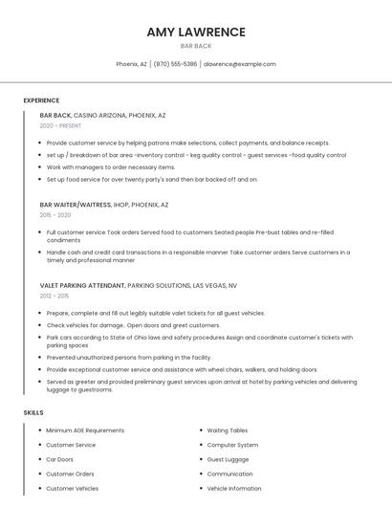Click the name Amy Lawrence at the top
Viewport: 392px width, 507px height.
196,32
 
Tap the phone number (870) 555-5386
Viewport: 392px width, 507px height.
176,64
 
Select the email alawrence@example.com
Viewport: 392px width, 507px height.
239,64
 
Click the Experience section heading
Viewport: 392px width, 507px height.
41,99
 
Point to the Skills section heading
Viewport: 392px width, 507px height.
33,412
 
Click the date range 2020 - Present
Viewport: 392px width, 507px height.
60,125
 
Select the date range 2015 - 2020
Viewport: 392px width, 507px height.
54,215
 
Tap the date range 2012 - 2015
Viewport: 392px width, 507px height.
54,296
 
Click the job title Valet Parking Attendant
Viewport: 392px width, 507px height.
82,285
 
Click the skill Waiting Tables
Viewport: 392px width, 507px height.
228,430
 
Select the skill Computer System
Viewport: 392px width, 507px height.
232,445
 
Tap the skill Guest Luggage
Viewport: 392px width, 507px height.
229,459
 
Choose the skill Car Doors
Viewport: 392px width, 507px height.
59,459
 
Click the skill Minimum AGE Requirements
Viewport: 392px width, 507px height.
85,430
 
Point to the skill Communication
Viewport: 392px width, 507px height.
229,474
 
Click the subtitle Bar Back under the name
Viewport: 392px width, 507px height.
196,46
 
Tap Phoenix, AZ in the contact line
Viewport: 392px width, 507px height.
132,64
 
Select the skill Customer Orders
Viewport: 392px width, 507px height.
70,474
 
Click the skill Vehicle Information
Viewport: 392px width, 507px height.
234,488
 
